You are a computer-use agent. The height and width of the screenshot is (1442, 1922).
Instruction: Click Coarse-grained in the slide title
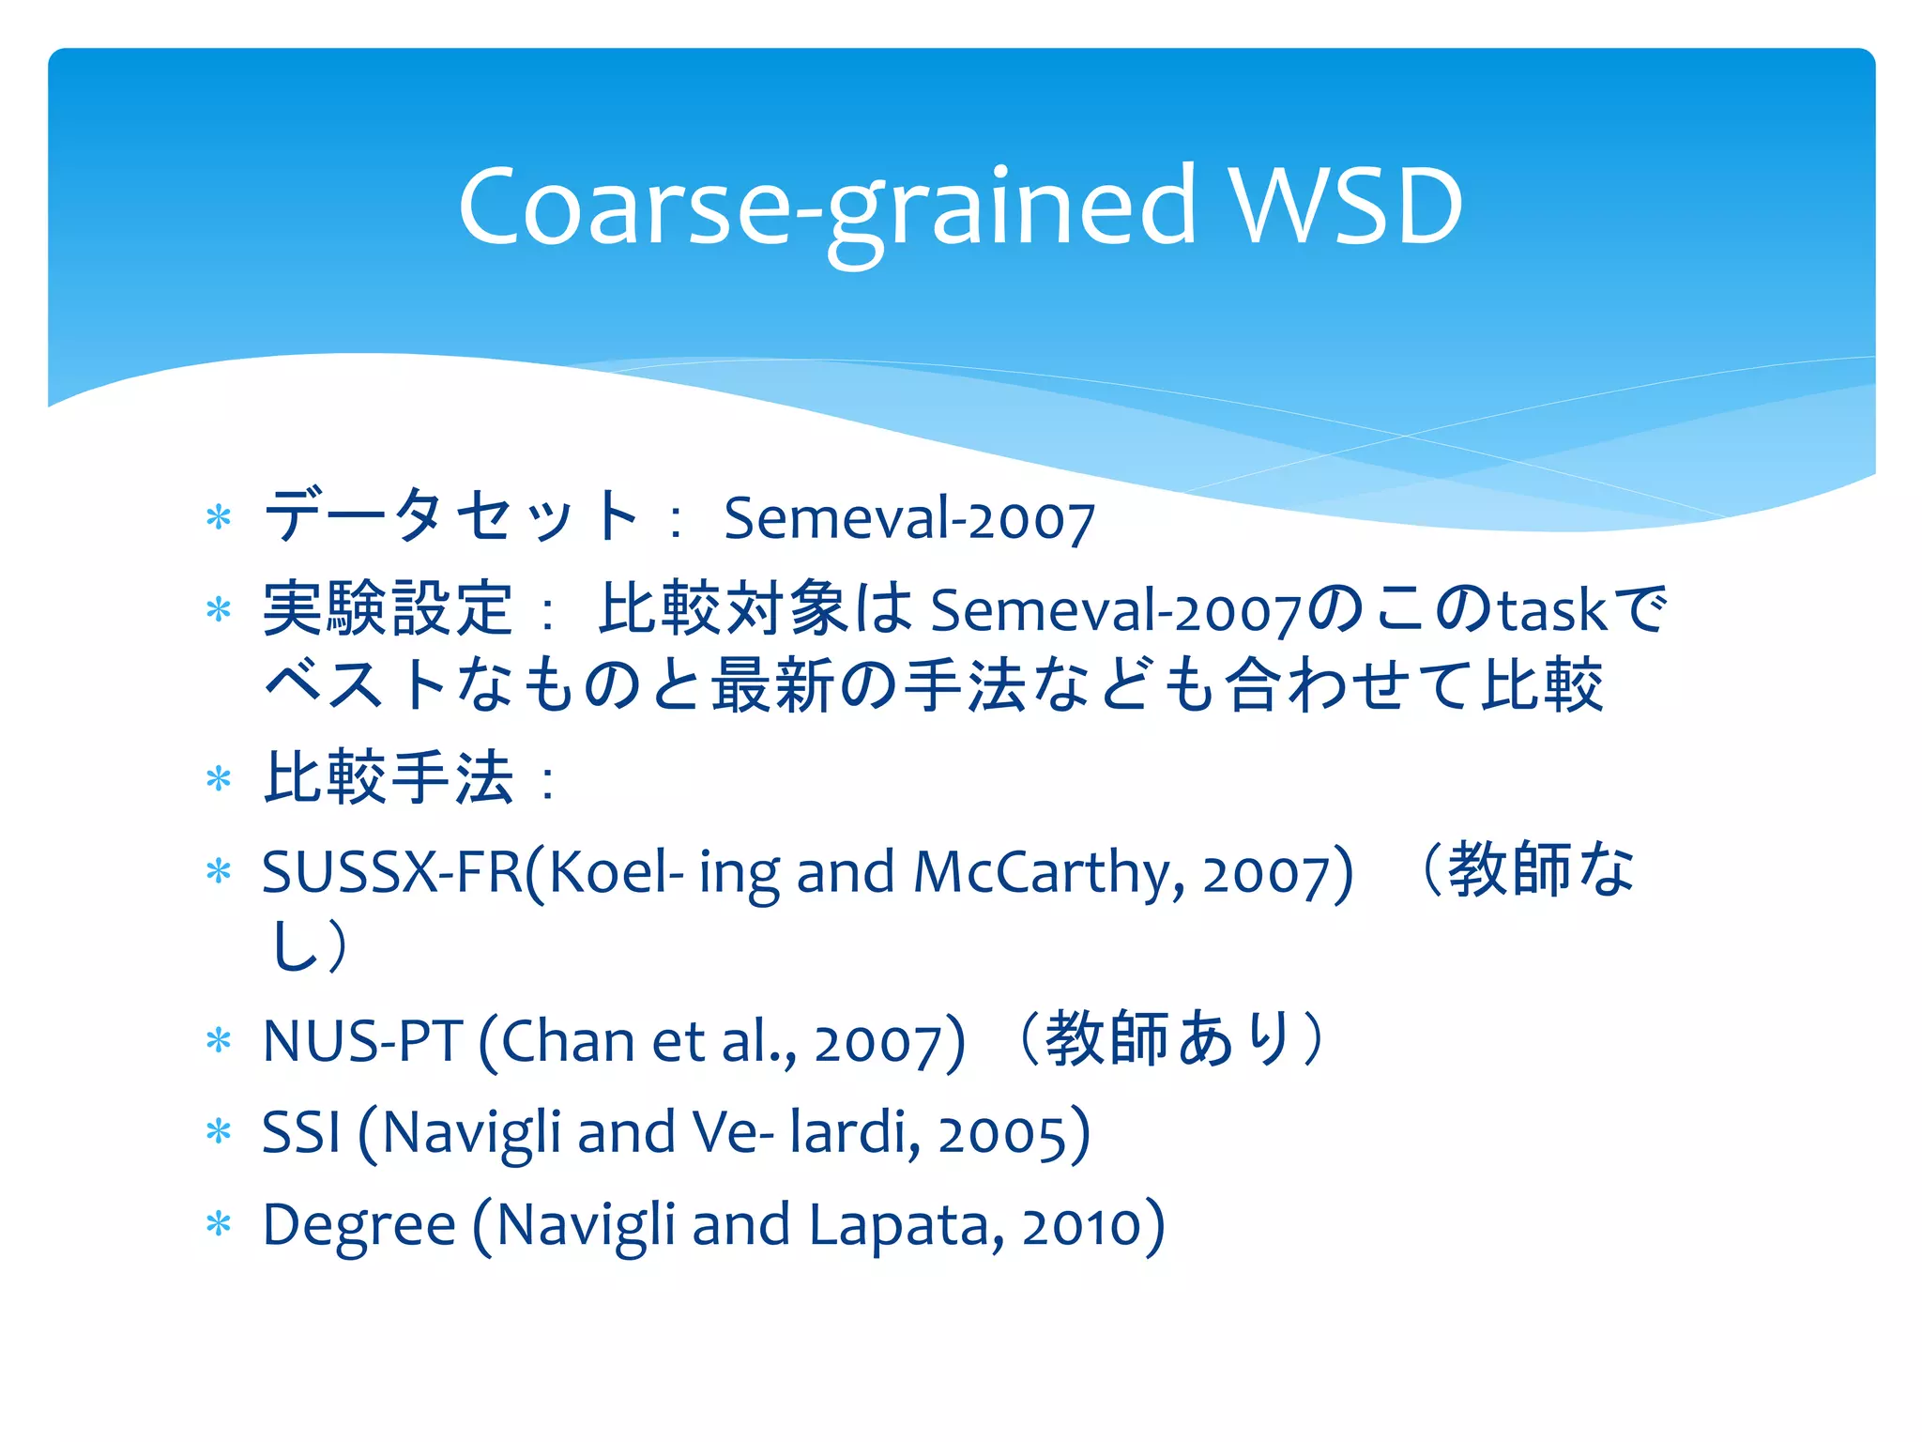(x=826, y=208)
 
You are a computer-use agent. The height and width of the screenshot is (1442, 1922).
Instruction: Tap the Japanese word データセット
(x=451, y=516)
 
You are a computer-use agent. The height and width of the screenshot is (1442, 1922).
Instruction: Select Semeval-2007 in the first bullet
(x=908, y=518)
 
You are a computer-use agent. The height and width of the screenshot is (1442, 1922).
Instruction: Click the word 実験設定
(x=388, y=609)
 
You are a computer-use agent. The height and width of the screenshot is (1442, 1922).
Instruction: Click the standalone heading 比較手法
(x=388, y=778)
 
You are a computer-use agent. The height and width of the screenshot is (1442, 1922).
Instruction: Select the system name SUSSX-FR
(x=391, y=872)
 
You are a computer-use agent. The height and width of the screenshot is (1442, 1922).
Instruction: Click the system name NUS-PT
(x=362, y=1041)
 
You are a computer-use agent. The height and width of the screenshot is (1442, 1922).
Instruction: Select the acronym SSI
(x=300, y=1132)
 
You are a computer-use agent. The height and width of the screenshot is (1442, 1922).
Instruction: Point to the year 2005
(x=1002, y=1134)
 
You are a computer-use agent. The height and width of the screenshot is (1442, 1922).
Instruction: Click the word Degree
(x=358, y=1225)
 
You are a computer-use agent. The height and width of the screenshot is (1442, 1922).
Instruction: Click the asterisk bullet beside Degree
(x=219, y=1225)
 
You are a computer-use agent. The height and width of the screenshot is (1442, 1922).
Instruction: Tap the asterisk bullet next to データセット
(x=219, y=517)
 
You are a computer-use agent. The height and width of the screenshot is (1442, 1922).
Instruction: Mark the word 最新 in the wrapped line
(x=771, y=685)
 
